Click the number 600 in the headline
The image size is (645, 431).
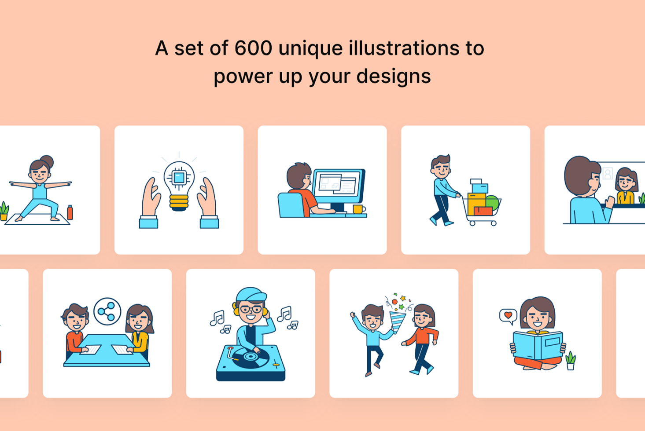point(253,48)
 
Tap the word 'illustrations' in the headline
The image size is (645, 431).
point(404,47)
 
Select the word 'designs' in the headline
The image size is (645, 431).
point(394,76)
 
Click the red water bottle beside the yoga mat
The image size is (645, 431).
point(70,212)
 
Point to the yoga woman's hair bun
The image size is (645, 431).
point(47,161)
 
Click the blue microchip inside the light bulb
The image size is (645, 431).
point(179,178)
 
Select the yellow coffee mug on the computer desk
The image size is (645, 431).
point(358,209)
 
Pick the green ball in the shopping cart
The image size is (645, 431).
point(493,202)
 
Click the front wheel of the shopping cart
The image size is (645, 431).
point(494,223)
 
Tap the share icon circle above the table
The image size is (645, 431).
point(107,311)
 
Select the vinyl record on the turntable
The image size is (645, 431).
point(251,357)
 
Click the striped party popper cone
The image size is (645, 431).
point(398,322)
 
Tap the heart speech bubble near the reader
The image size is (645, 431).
point(508,316)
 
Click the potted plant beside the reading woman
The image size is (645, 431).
point(571,361)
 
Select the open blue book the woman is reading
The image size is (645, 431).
point(538,346)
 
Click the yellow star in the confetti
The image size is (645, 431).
point(403,298)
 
